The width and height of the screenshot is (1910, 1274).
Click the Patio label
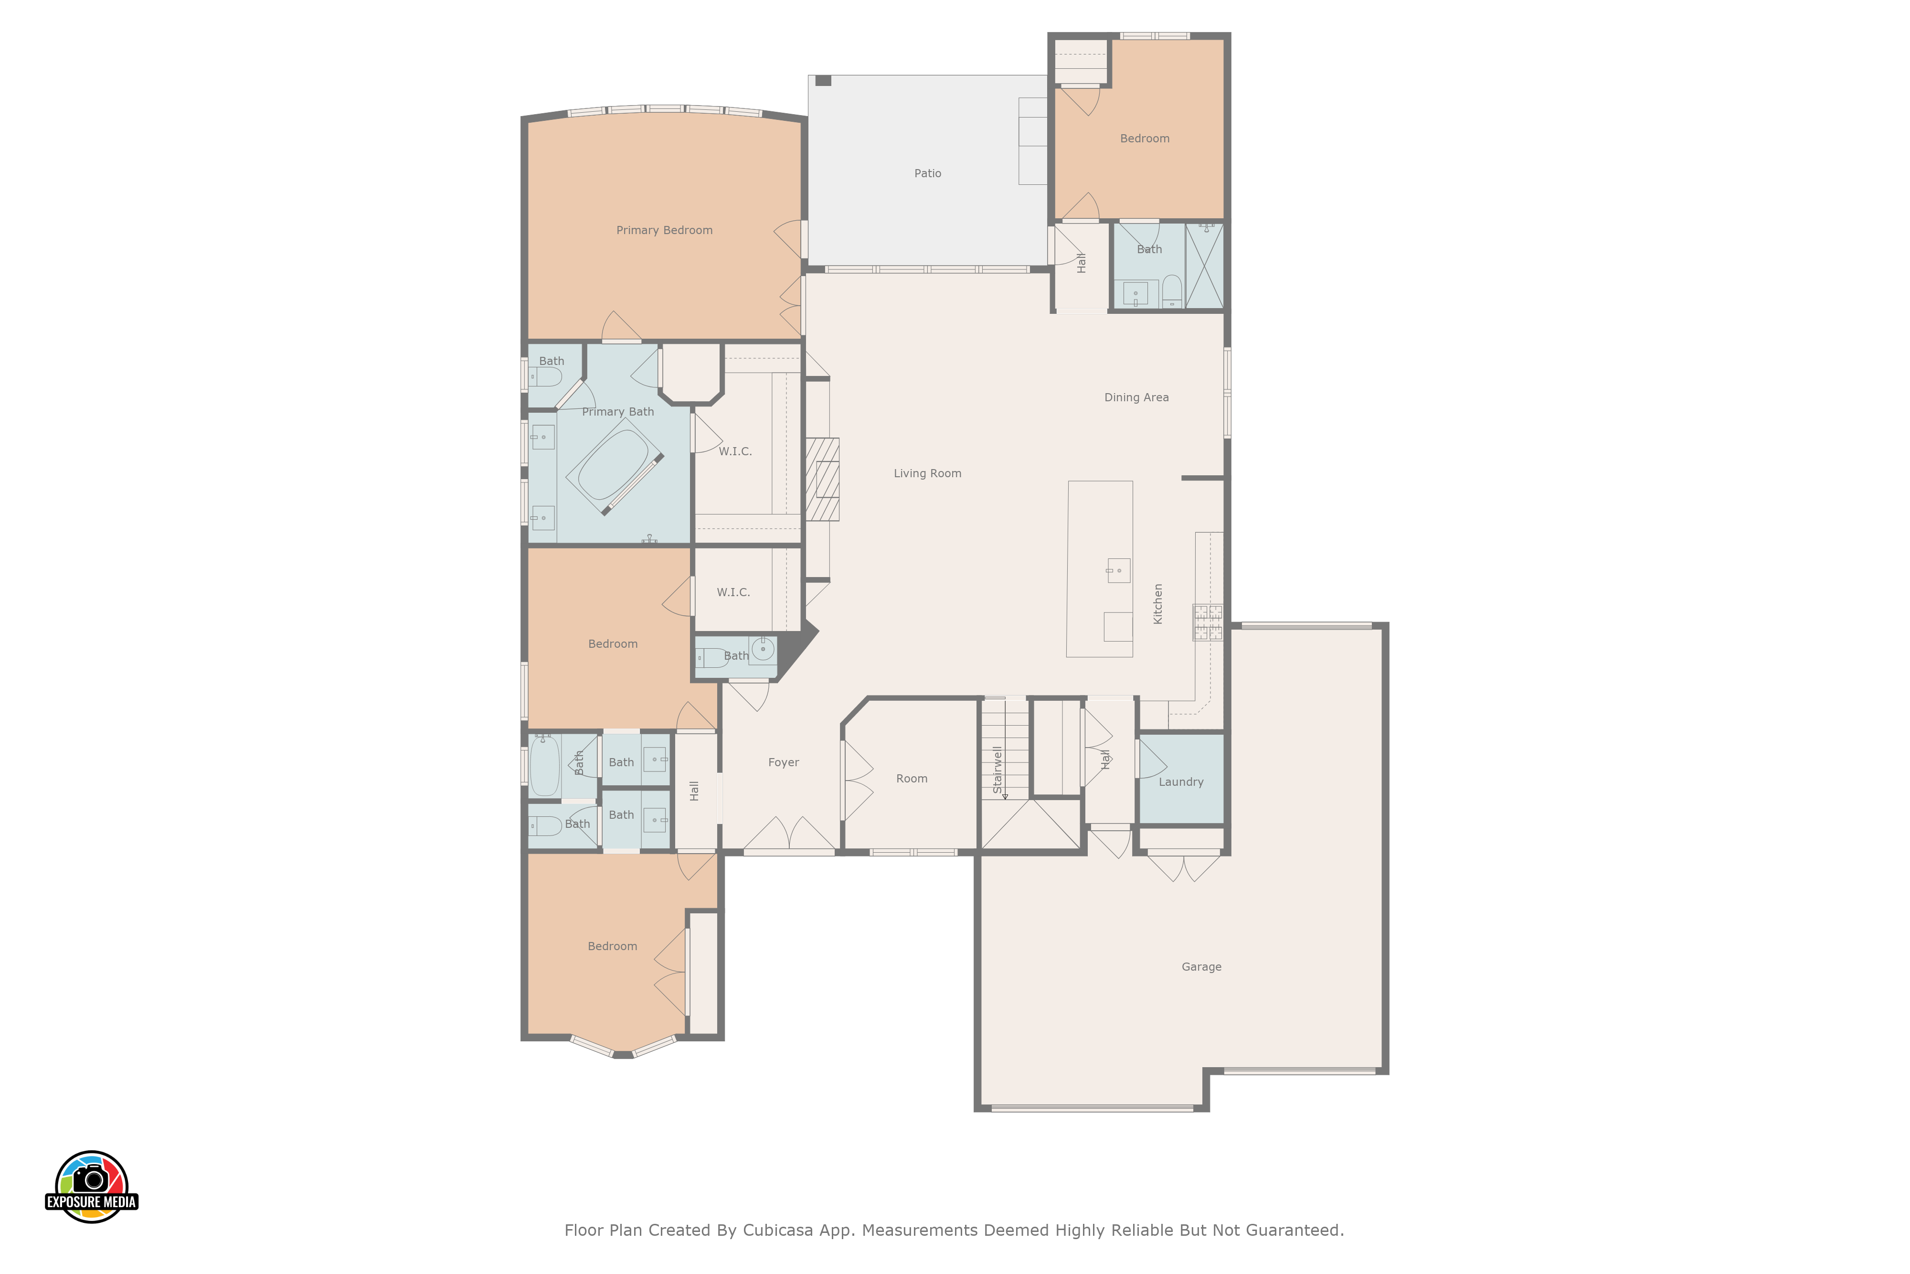point(927,173)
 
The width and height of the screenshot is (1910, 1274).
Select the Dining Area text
point(1136,397)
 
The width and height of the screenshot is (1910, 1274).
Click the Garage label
point(1201,967)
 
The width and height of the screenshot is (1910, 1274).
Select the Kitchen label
point(1158,604)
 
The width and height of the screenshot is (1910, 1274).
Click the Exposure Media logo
point(92,1186)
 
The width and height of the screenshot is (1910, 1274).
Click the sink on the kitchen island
point(1118,570)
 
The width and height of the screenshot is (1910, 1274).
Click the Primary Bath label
point(618,412)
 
